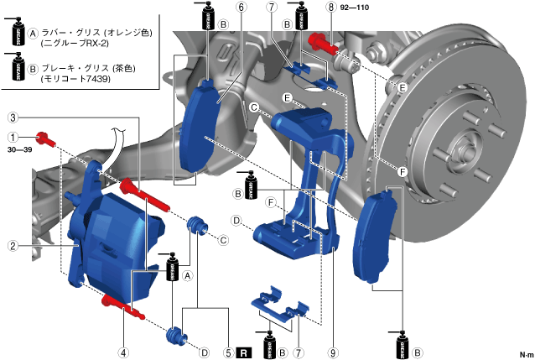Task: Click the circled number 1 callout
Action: click(13, 137)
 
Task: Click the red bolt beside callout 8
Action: click(320, 39)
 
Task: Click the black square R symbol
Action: click(243, 352)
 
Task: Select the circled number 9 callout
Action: click(334, 352)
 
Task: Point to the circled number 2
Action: click(13, 246)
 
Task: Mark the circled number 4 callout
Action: click(123, 352)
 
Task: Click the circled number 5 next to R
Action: click(228, 352)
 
